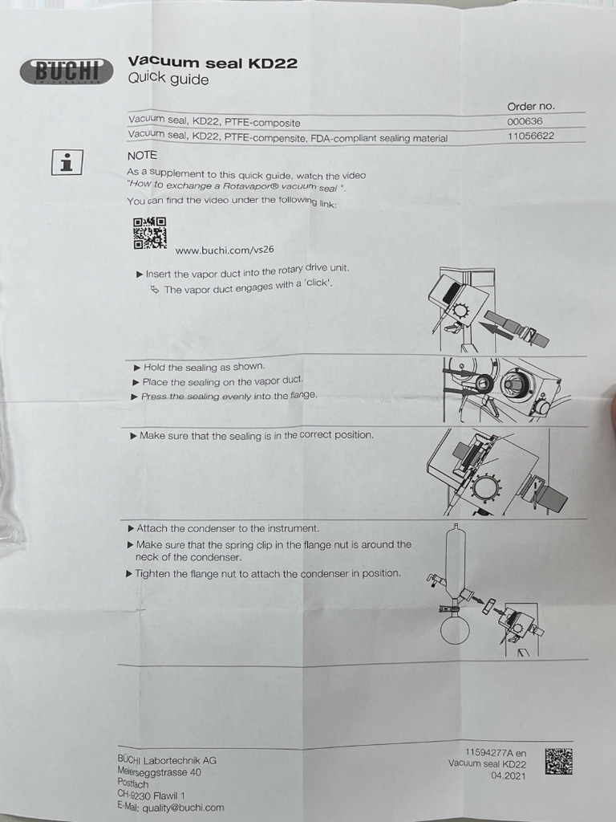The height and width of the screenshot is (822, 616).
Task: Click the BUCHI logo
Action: click(67, 71)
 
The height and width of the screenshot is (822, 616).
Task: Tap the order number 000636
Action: click(525, 121)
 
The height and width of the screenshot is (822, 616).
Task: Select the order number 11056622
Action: click(531, 136)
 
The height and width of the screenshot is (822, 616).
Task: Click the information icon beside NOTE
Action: click(67, 162)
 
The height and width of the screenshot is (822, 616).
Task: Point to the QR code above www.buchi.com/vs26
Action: click(150, 234)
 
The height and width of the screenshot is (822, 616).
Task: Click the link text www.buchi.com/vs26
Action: click(225, 250)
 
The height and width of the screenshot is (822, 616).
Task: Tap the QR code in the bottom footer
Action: click(558, 761)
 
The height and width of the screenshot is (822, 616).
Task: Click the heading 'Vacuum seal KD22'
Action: click(213, 63)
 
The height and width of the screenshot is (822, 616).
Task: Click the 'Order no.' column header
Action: click(531, 107)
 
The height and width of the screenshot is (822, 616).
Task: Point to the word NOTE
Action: click(142, 156)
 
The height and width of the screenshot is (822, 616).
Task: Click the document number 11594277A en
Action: click(496, 752)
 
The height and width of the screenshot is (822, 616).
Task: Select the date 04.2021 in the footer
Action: click(508, 776)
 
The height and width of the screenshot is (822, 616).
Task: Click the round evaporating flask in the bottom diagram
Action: click(454, 629)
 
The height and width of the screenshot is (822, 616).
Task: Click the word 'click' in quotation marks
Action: click(318, 283)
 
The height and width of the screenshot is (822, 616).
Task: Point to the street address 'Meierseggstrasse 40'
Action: click(160, 772)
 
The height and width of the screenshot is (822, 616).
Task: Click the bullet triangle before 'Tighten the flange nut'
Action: click(129, 574)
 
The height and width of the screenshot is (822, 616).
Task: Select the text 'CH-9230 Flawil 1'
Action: click(152, 796)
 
